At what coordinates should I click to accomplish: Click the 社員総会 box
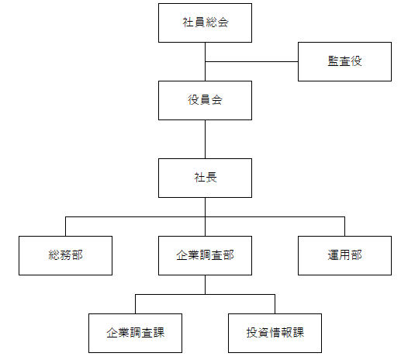pyautogui.click(x=205, y=23)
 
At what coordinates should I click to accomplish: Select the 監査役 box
pyautogui.click(x=344, y=62)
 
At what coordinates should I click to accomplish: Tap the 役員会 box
pyautogui.click(x=205, y=101)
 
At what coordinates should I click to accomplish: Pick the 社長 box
pyautogui.click(x=205, y=178)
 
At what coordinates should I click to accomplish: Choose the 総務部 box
pyautogui.click(x=66, y=255)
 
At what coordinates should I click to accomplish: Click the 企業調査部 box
pyautogui.click(x=205, y=255)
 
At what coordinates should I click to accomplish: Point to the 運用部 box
pyautogui.click(x=344, y=255)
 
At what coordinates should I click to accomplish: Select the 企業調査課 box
pyautogui.click(x=135, y=333)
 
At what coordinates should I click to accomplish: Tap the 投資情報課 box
pyautogui.click(x=275, y=333)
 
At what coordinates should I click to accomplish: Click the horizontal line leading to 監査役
pyautogui.click(x=251, y=62)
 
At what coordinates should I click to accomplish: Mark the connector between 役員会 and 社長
pyautogui.click(x=205, y=139)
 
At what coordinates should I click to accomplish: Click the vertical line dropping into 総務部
pyautogui.click(x=66, y=227)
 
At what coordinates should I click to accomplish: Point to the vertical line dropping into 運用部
pyautogui.click(x=344, y=227)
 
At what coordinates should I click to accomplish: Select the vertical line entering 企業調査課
pyautogui.click(x=135, y=304)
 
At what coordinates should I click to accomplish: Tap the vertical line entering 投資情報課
pyautogui.click(x=275, y=304)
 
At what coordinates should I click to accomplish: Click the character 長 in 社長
pyautogui.click(x=211, y=178)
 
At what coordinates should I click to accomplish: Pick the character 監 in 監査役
pyautogui.click(x=334, y=61)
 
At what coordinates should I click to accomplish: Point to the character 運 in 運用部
pyautogui.click(x=334, y=255)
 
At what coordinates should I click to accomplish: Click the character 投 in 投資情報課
pyautogui.click(x=252, y=333)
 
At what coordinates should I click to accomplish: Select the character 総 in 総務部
pyautogui.click(x=54, y=255)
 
